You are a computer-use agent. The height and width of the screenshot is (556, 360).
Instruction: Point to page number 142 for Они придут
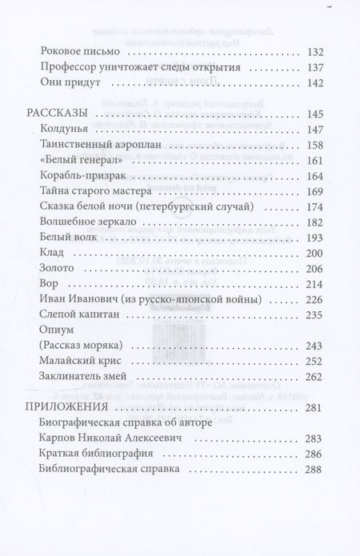click(x=314, y=82)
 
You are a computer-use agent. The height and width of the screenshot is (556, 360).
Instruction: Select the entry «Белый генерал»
click(x=77, y=159)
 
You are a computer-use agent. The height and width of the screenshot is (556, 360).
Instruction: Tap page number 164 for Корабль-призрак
click(x=314, y=175)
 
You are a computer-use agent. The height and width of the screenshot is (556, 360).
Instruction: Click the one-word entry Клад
click(x=50, y=254)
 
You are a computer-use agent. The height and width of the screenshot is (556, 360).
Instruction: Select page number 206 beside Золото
click(x=314, y=269)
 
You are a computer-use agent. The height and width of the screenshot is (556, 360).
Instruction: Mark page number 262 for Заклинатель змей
click(x=314, y=377)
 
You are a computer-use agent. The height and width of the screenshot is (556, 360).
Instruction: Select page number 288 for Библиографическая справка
click(x=314, y=470)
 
